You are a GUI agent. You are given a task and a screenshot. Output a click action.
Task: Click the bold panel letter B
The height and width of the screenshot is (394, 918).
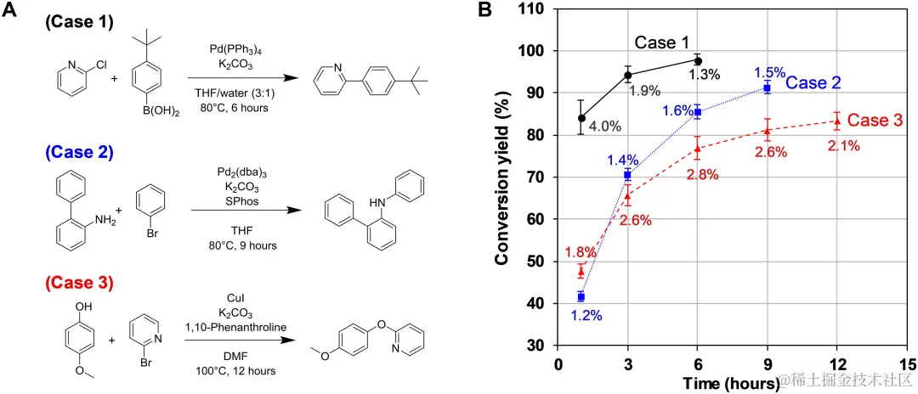tap(484, 11)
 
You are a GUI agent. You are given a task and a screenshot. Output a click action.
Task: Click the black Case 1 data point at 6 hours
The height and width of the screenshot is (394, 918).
tap(697, 61)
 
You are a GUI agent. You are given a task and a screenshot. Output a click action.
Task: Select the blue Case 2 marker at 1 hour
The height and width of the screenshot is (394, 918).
tap(581, 296)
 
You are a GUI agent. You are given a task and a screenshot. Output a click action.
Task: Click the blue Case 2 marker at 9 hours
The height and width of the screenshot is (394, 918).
tap(768, 87)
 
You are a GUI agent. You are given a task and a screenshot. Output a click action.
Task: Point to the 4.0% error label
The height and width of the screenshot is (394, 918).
tap(605, 127)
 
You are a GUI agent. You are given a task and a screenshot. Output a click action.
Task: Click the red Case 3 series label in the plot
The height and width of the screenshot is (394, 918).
tap(875, 121)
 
